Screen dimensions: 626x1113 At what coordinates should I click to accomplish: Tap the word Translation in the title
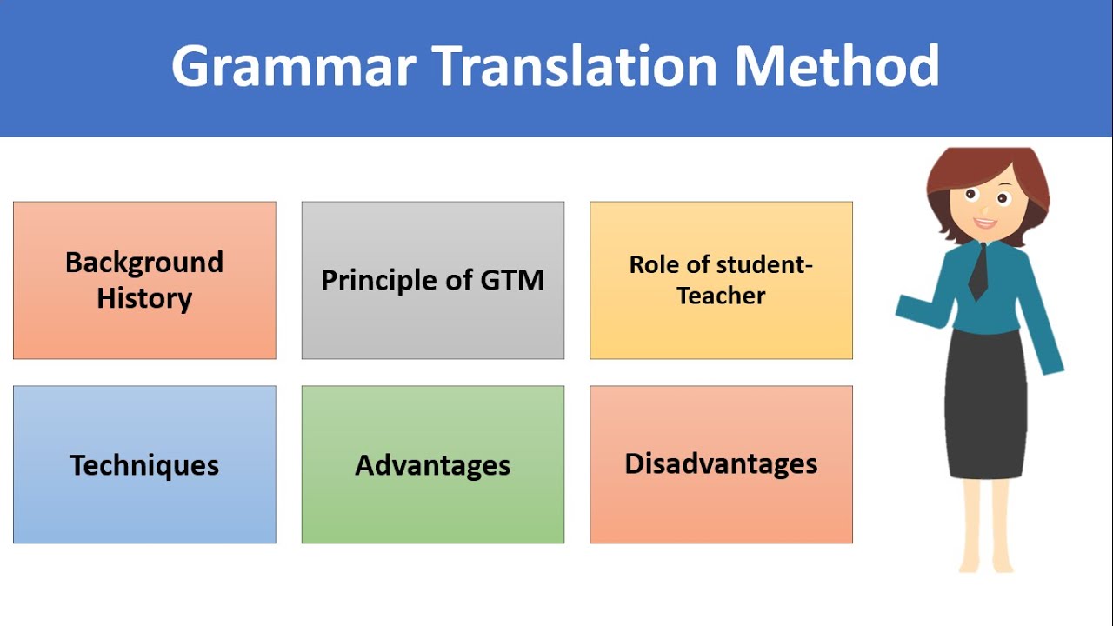(x=574, y=66)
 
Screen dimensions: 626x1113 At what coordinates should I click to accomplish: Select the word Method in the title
(x=836, y=66)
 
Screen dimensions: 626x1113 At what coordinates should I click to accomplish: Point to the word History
(x=144, y=298)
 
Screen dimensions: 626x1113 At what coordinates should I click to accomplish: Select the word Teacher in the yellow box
(x=721, y=296)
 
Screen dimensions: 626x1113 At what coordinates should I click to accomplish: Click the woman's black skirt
(x=985, y=400)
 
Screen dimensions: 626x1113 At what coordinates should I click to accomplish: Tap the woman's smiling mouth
(x=984, y=222)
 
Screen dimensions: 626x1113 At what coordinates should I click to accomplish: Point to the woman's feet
(x=987, y=565)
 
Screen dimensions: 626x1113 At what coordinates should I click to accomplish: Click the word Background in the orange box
(x=144, y=262)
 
